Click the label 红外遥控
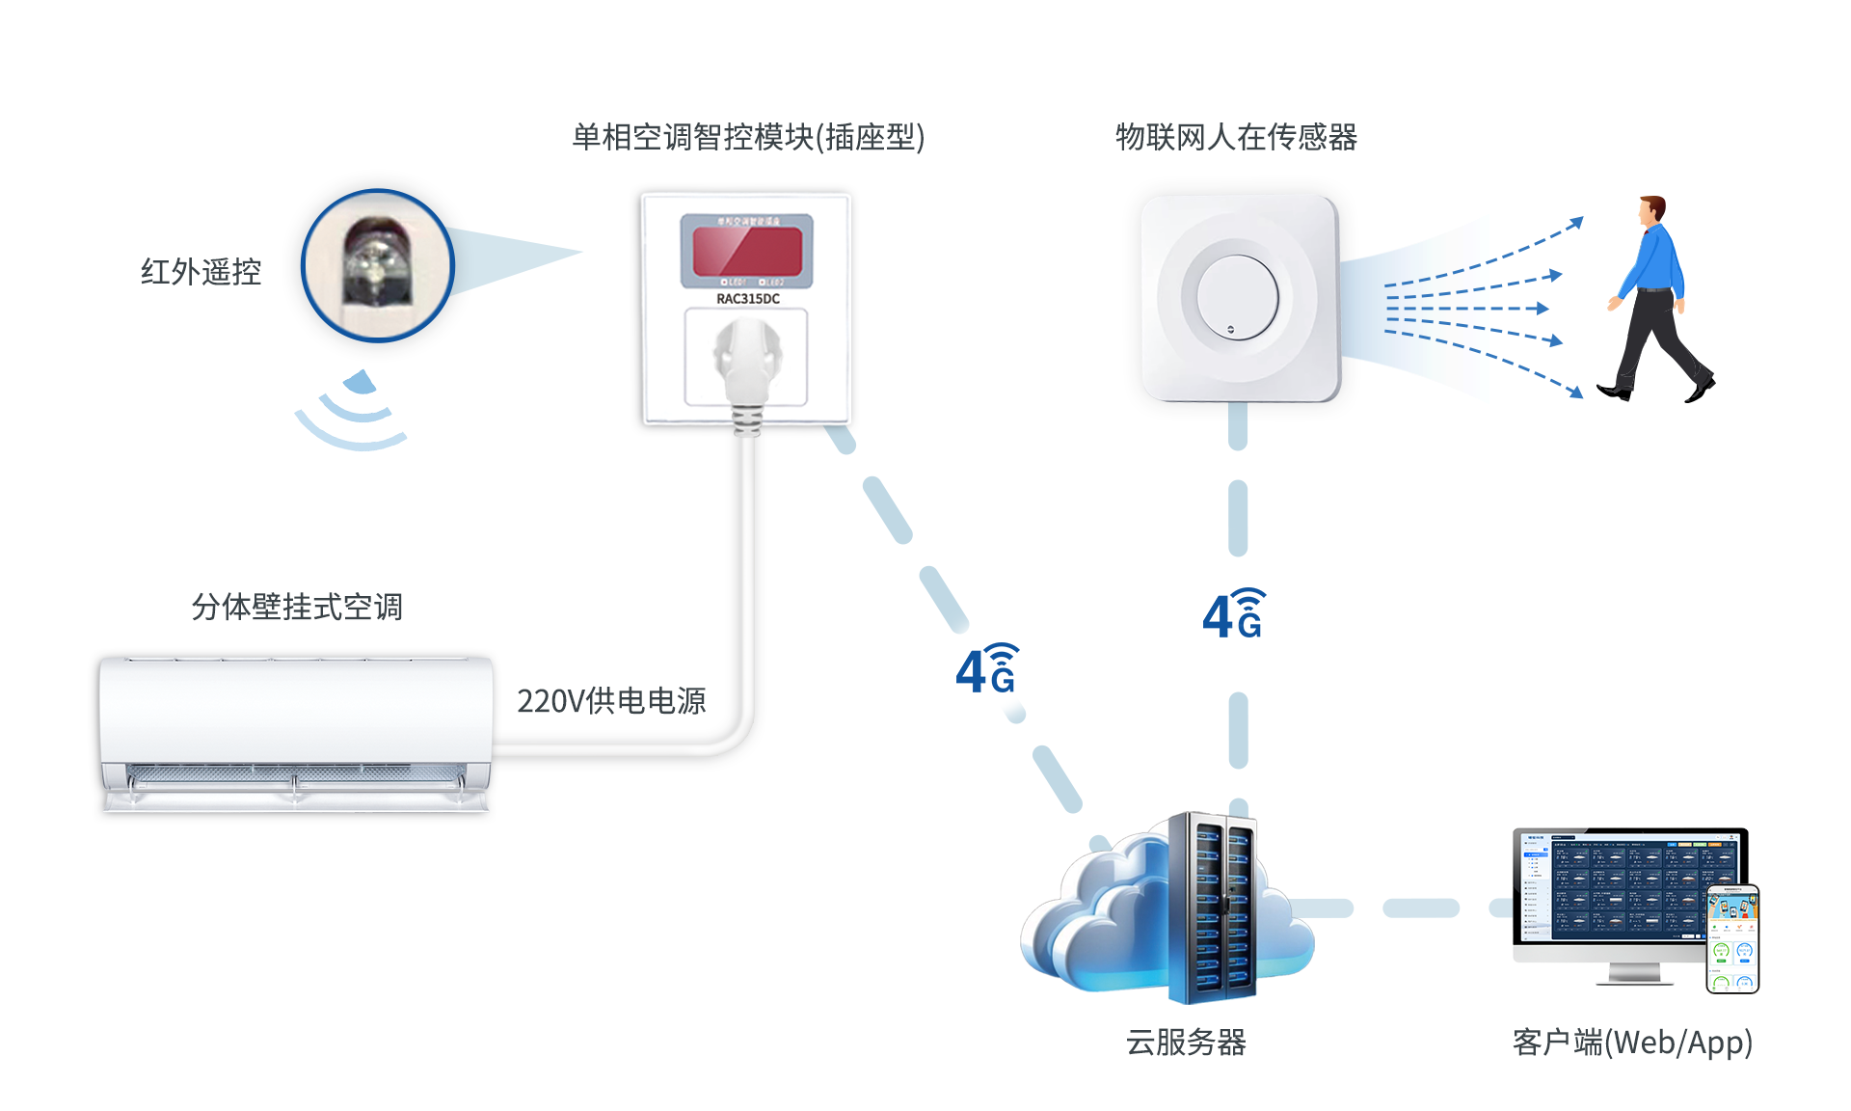201,272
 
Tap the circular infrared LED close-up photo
378,265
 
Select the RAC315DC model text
748,299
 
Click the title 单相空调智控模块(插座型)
748,137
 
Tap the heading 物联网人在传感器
1236,137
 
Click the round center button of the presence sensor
1238,297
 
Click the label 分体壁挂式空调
297,607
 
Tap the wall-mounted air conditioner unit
295,733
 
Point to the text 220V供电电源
611,701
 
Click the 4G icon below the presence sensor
1234,614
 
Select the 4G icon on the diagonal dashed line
986,669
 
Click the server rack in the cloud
1213,907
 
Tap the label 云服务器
1186,1043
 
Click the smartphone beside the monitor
1732,939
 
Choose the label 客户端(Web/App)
1632,1043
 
